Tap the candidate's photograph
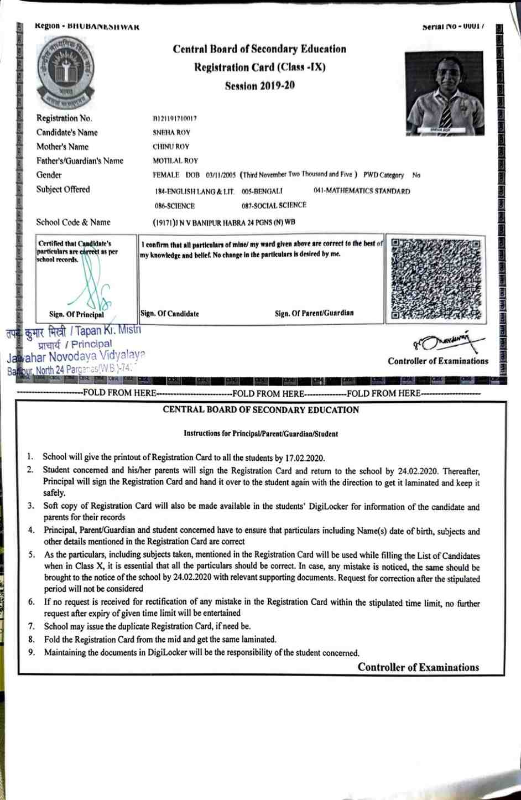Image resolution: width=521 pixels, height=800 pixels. pos(444,93)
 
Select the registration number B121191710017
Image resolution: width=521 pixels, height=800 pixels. pos(175,118)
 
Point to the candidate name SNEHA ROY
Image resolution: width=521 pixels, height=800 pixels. pos(171,133)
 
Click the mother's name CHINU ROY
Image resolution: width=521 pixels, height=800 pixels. pos(171,147)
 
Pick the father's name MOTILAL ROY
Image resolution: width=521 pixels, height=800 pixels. pos(175,161)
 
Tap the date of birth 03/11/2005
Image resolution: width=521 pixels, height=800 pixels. pos(221,175)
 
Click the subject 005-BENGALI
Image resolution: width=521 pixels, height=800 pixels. pos(262,191)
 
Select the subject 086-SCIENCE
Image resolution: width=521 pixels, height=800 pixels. pos(175,206)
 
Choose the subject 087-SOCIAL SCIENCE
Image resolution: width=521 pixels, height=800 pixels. pos(274,205)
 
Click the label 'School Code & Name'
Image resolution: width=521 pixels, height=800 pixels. pos(74,222)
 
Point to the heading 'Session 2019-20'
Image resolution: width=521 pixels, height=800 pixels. pos(260,86)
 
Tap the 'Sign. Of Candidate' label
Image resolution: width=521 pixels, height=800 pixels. pos(170,314)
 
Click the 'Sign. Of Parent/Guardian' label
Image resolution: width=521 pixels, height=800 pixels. pos(314,313)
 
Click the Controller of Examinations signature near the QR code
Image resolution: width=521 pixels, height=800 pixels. pos(448,343)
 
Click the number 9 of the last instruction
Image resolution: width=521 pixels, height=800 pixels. pos(32,653)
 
